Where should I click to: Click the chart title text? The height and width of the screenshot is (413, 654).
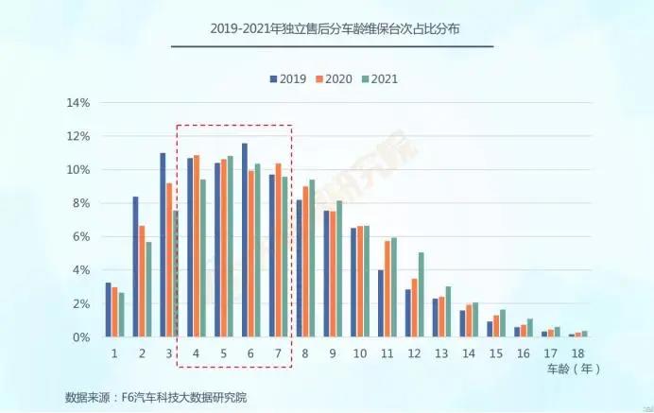click(332, 29)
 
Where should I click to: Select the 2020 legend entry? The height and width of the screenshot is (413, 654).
click(336, 78)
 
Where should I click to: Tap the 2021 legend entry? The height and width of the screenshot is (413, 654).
click(383, 78)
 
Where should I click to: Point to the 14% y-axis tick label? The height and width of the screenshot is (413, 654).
click(77, 102)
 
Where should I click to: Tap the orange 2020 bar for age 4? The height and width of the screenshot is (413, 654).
click(197, 246)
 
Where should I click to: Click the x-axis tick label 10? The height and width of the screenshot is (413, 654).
click(359, 353)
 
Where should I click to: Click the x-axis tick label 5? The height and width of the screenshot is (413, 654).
click(223, 353)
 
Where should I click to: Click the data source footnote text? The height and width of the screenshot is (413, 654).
click(156, 396)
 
